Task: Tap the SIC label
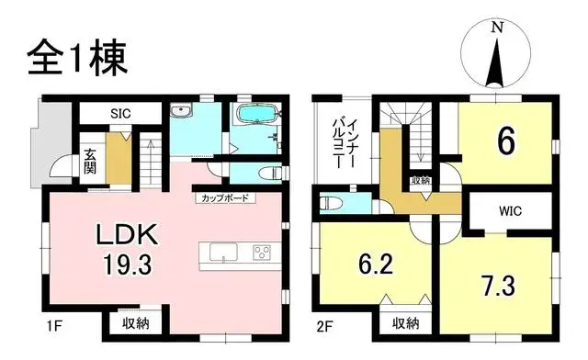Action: point(120,114)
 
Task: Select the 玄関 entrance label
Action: point(90,161)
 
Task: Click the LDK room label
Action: point(130,237)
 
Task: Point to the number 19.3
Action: point(130,265)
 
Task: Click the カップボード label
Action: point(223,198)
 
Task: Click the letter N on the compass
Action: point(496,28)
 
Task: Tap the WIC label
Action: point(511,211)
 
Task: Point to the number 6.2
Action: point(373,266)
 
